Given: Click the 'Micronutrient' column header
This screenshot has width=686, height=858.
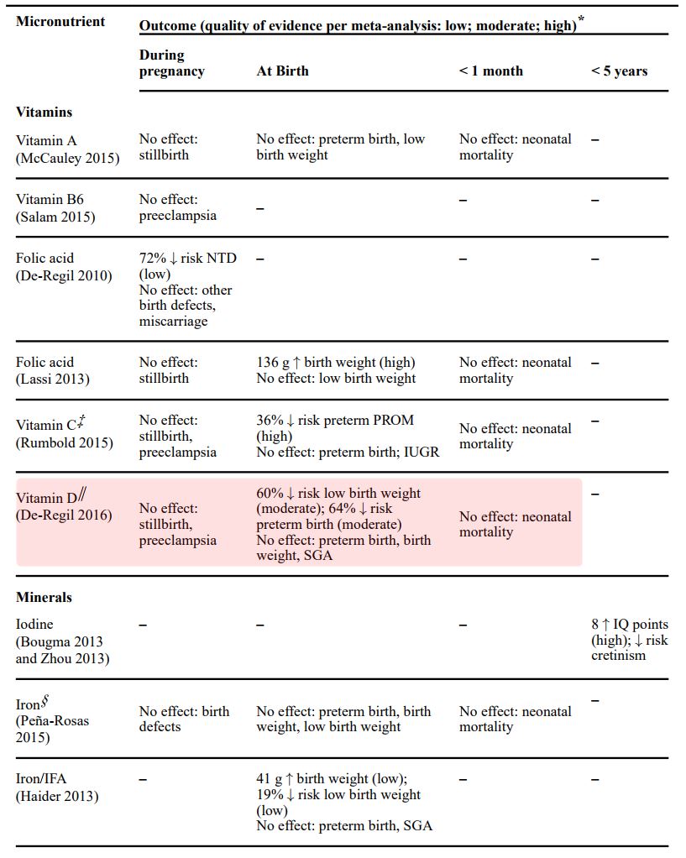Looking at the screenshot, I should click(x=60, y=21).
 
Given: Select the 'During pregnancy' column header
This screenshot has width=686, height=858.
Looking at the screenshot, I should click(x=171, y=63).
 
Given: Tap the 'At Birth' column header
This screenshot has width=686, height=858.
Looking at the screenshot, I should click(x=282, y=71).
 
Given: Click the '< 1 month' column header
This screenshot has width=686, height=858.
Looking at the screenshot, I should click(x=490, y=71).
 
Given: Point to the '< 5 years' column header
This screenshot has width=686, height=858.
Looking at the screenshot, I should click(x=619, y=71).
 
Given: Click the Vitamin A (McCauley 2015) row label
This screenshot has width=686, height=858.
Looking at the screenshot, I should click(x=67, y=149).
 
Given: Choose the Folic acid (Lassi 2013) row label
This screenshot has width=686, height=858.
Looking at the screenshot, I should click(x=53, y=370).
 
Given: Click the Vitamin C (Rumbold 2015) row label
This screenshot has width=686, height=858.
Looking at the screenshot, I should click(x=64, y=434).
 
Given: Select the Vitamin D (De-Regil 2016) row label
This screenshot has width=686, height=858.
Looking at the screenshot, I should click(x=64, y=507).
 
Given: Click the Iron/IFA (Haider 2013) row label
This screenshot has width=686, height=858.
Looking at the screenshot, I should click(x=56, y=787).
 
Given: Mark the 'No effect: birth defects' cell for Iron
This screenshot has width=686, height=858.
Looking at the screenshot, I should click(x=184, y=719).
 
